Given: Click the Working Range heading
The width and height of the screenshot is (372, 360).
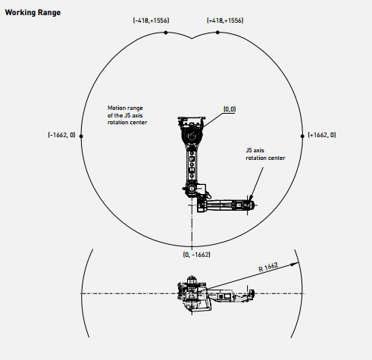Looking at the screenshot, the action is point(33,13).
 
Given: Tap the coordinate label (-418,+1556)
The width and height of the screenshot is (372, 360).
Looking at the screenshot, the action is point(151,20).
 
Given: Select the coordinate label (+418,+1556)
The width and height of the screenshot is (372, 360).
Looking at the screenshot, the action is point(225,20).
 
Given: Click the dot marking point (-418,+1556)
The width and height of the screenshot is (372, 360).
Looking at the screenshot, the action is point(166,33).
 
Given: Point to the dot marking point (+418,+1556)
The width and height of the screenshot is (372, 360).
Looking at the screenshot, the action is point(217,33).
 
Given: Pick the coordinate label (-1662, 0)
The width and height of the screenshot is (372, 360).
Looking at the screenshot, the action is point(61,135).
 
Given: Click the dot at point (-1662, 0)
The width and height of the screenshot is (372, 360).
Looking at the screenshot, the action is point(81,136).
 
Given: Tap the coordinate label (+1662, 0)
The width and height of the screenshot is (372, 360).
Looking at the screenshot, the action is point(322,135).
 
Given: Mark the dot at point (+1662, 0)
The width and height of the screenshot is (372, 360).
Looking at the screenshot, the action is point(302,136).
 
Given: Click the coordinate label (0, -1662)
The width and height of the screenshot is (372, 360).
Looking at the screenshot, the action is point(196,255).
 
